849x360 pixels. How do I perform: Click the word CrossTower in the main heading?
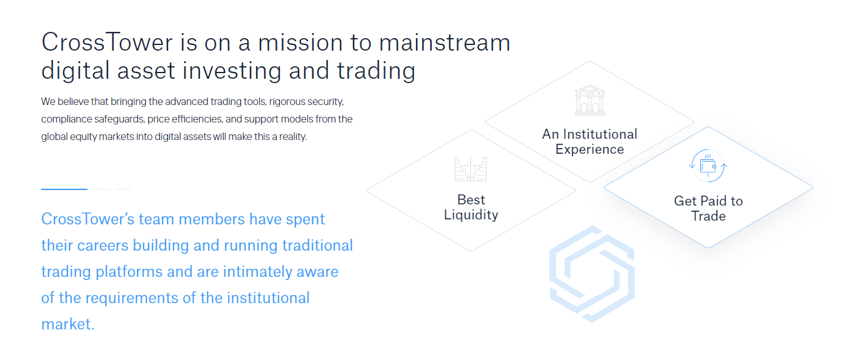[x=107, y=42]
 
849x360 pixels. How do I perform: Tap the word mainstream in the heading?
[x=445, y=42]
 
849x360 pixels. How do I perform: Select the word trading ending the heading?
[x=376, y=71]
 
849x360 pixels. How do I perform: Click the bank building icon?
[x=589, y=101]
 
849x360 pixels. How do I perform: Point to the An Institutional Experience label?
[x=590, y=141]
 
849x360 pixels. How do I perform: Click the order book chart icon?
[x=471, y=169]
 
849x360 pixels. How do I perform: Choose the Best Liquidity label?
[x=471, y=207]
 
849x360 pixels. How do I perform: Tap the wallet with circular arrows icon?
[x=708, y=166]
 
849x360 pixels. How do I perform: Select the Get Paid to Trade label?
[x=708, y=208]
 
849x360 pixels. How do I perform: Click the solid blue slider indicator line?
[x=64, y=189]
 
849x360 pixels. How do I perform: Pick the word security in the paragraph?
[x=325, y=102]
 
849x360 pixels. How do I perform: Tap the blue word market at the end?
[x=67, y=324]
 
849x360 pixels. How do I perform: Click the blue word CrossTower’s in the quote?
[x=87, y=219]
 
